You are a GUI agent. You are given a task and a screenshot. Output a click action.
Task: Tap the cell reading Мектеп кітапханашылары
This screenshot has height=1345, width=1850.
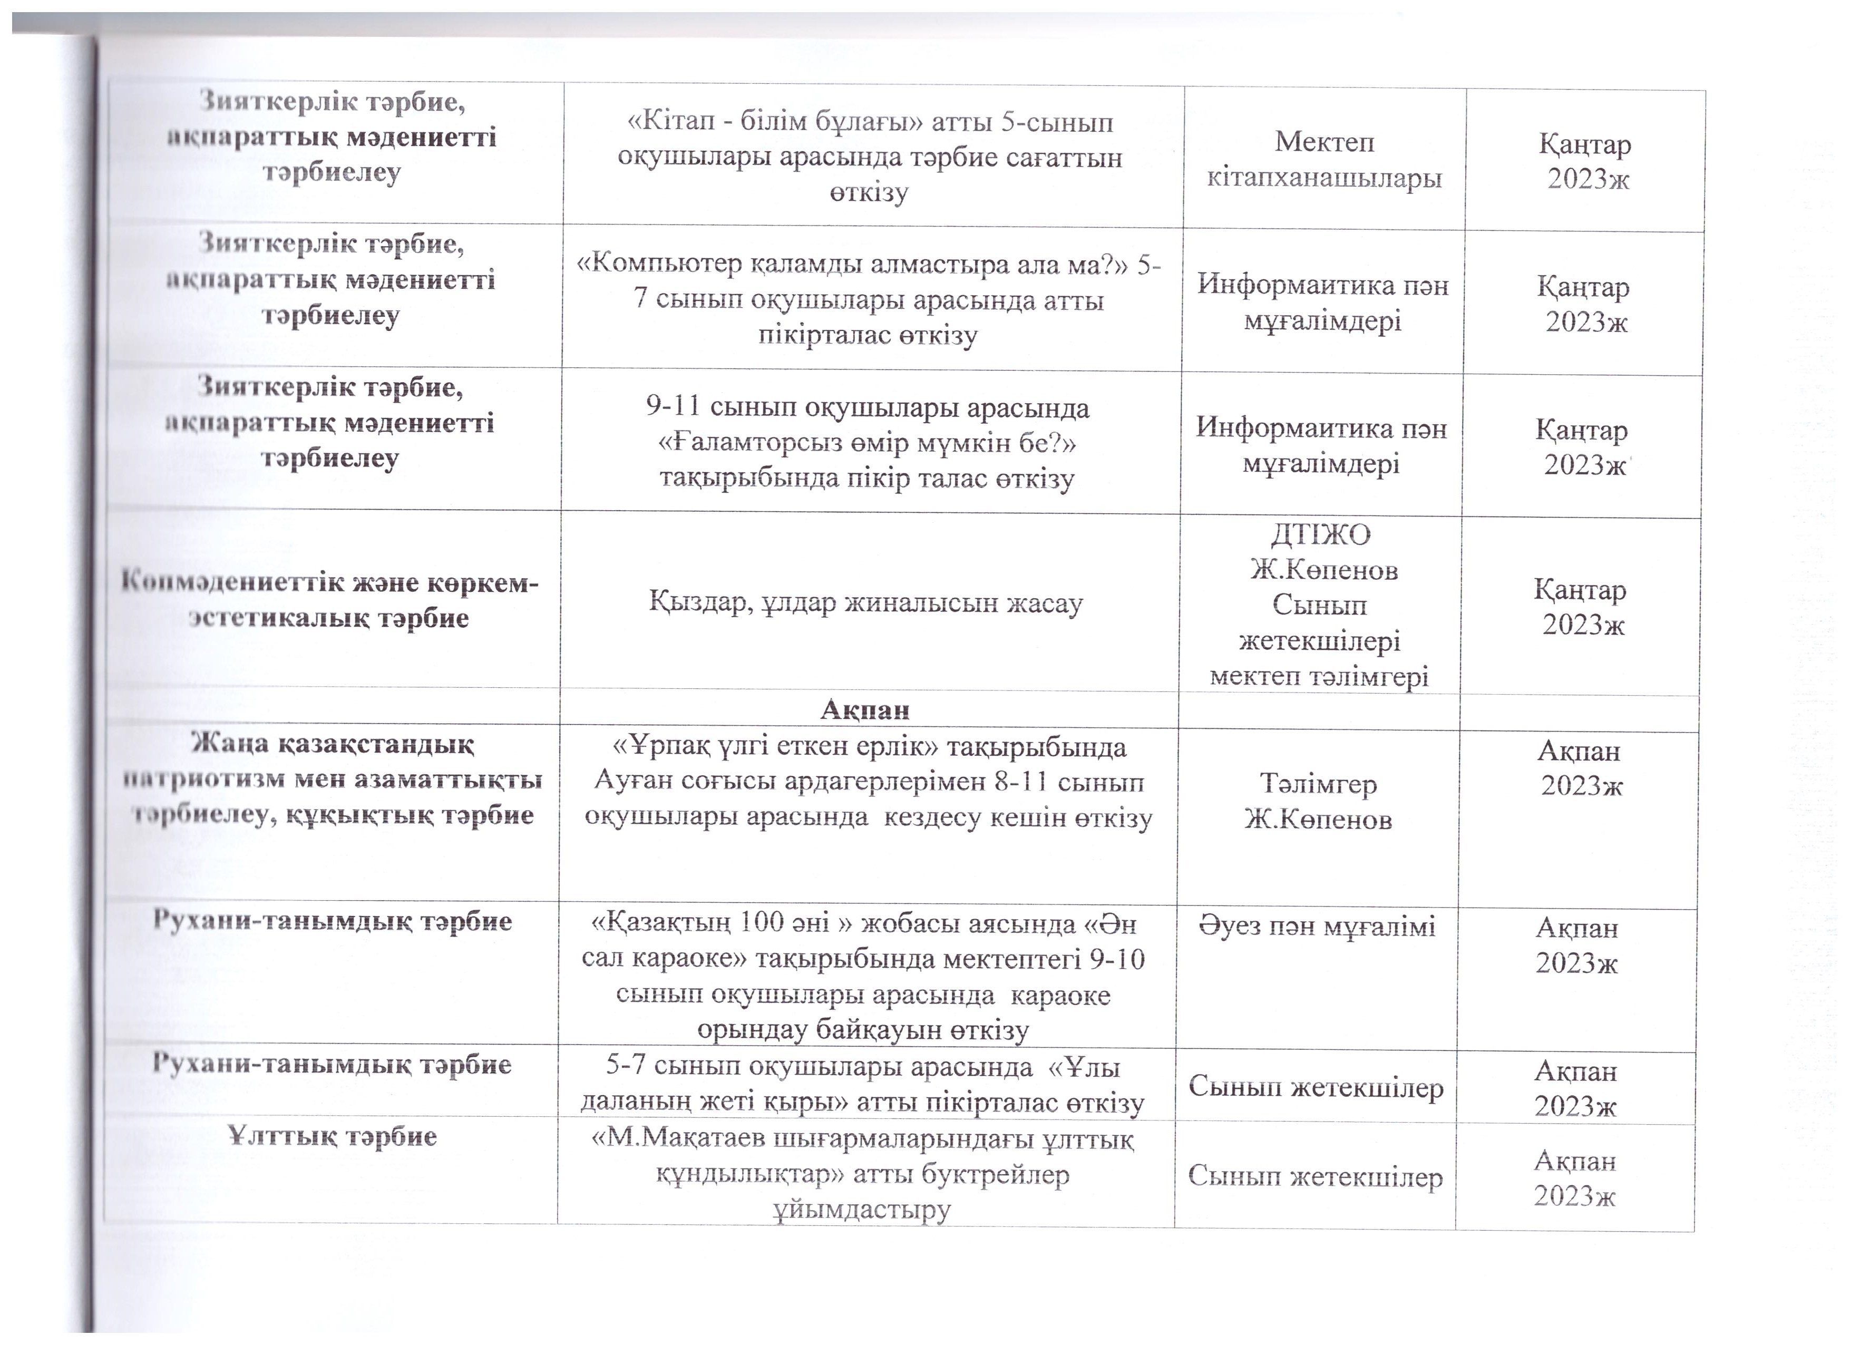click(x=1324, y=160)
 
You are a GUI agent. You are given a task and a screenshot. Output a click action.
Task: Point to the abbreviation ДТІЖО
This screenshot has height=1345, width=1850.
click(x=1321, y=534)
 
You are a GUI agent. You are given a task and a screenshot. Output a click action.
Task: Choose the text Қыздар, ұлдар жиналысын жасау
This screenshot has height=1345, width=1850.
click(x=865, y=603)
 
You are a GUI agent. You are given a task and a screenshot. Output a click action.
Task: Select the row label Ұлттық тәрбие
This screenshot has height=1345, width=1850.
click(x=333, y=1136)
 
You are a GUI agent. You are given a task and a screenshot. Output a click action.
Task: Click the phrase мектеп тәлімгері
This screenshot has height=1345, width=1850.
click(x=1319, y=676)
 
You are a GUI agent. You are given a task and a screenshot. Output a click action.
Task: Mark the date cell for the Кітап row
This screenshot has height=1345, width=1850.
click(x=1585, y=161)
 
